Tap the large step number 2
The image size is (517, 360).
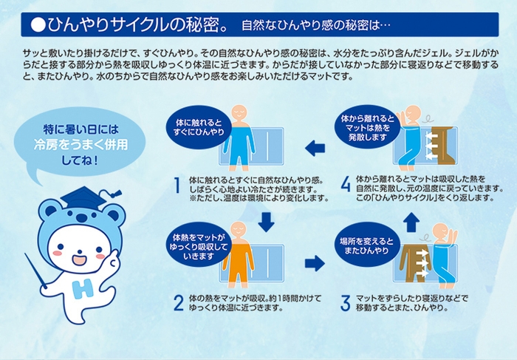(177, 302)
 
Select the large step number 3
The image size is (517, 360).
(345, 302)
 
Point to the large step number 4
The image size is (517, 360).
(345, 186)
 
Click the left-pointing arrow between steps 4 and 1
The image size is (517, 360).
(315, 148)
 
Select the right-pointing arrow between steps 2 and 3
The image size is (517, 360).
(315, 262)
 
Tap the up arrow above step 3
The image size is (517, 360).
(411, 221)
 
